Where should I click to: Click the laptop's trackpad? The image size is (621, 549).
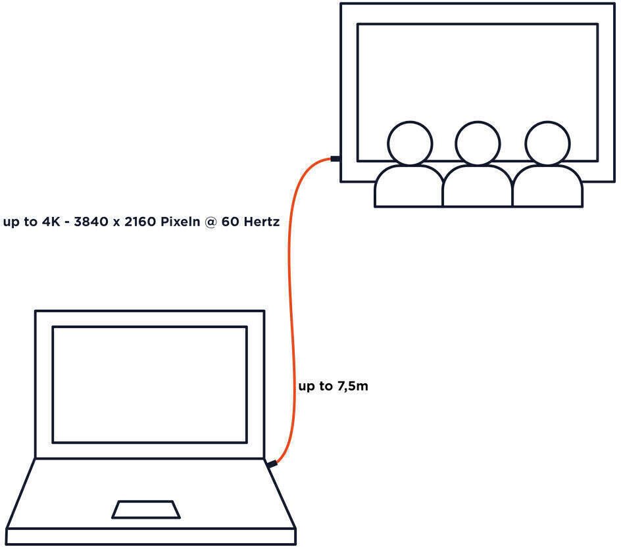[x=146, y=510]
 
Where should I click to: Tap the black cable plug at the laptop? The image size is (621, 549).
[x=272, y=464]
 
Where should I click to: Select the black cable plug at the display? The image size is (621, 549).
[x=335, y=158]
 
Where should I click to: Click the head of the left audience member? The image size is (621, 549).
[x=410, y=143]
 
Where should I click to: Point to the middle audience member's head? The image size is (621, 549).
[x=478, y=143]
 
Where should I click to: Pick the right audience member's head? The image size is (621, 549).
[x=547, y=143]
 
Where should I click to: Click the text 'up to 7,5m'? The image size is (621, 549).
[x=333, y=386]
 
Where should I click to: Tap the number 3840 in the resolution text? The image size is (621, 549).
[x=91, y=222]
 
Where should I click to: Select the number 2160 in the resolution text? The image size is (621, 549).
[x=140, y=222]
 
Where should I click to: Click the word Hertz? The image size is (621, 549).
[x=261, y=222]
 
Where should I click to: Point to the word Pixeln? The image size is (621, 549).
[x=180, y=222]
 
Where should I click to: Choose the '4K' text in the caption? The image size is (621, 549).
[x=51, y=222]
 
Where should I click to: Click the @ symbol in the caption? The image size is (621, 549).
[x=211, y=222]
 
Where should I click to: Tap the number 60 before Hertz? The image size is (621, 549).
[x=230, y=222]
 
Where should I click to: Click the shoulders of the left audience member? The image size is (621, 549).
[x=409, y=186]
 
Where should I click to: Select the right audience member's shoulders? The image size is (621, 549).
[x=547, y=186]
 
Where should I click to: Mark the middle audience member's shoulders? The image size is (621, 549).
[x=477, y=186]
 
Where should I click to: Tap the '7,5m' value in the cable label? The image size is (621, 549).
[x=353, y=386]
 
